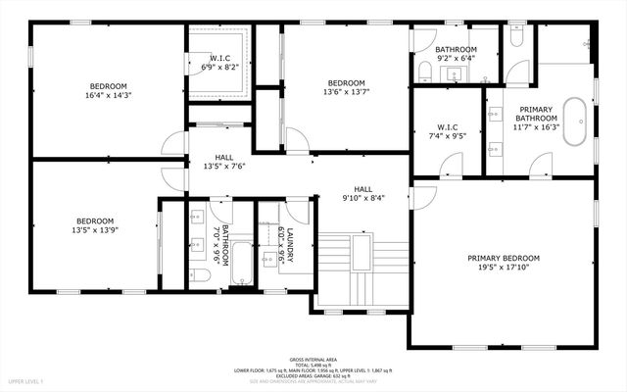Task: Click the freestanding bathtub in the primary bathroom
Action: [579, 121]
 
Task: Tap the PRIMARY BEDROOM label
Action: [504, 258]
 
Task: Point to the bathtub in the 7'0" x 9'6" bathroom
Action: [241, 265]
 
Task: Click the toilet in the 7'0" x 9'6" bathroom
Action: [200, 275]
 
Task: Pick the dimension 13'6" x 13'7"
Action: [346, 93]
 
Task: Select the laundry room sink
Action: [270, 261]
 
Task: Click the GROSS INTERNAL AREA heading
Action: [313, 359]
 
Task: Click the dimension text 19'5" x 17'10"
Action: [504, 268]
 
